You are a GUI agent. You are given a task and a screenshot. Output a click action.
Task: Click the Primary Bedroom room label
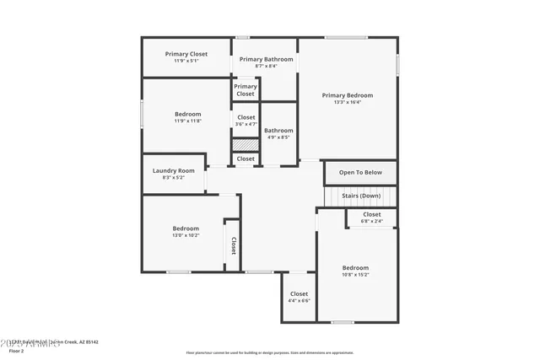click(347, 95)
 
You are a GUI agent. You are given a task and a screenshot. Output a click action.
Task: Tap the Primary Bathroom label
click(266, 59)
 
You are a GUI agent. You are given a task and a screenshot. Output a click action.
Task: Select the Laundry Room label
click(173, 170)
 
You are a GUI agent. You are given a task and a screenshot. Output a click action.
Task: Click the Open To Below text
click(360, 172)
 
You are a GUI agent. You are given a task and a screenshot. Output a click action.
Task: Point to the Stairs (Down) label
click(360, 196)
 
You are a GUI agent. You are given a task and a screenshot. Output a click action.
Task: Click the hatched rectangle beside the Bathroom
click(245, 144)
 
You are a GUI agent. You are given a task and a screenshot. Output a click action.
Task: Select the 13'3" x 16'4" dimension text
click(347, 102)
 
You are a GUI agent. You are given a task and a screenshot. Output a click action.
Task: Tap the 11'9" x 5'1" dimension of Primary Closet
click(186, 61)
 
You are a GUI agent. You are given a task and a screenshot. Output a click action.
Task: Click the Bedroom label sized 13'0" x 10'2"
click(186, 228)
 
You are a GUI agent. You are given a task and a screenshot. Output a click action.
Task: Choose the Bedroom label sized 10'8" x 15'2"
click(355, 268)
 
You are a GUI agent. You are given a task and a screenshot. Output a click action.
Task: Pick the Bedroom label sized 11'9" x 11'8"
click(187, 114)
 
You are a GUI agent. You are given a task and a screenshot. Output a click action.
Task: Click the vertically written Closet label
click(234, 245)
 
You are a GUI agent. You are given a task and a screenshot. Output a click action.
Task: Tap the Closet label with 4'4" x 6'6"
click(299, 294)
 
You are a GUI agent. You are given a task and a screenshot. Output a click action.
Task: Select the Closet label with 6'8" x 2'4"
click(372, 214)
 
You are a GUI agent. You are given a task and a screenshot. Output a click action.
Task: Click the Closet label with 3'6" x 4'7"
click(246, 117)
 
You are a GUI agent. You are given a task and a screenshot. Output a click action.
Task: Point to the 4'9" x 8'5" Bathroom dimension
click(278, 137)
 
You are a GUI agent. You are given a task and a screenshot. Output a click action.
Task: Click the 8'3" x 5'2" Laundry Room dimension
click(173, 177)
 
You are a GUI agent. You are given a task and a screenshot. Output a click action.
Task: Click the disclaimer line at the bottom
click(270, 352)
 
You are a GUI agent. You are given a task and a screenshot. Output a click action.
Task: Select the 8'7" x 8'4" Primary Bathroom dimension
click(266, 66)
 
